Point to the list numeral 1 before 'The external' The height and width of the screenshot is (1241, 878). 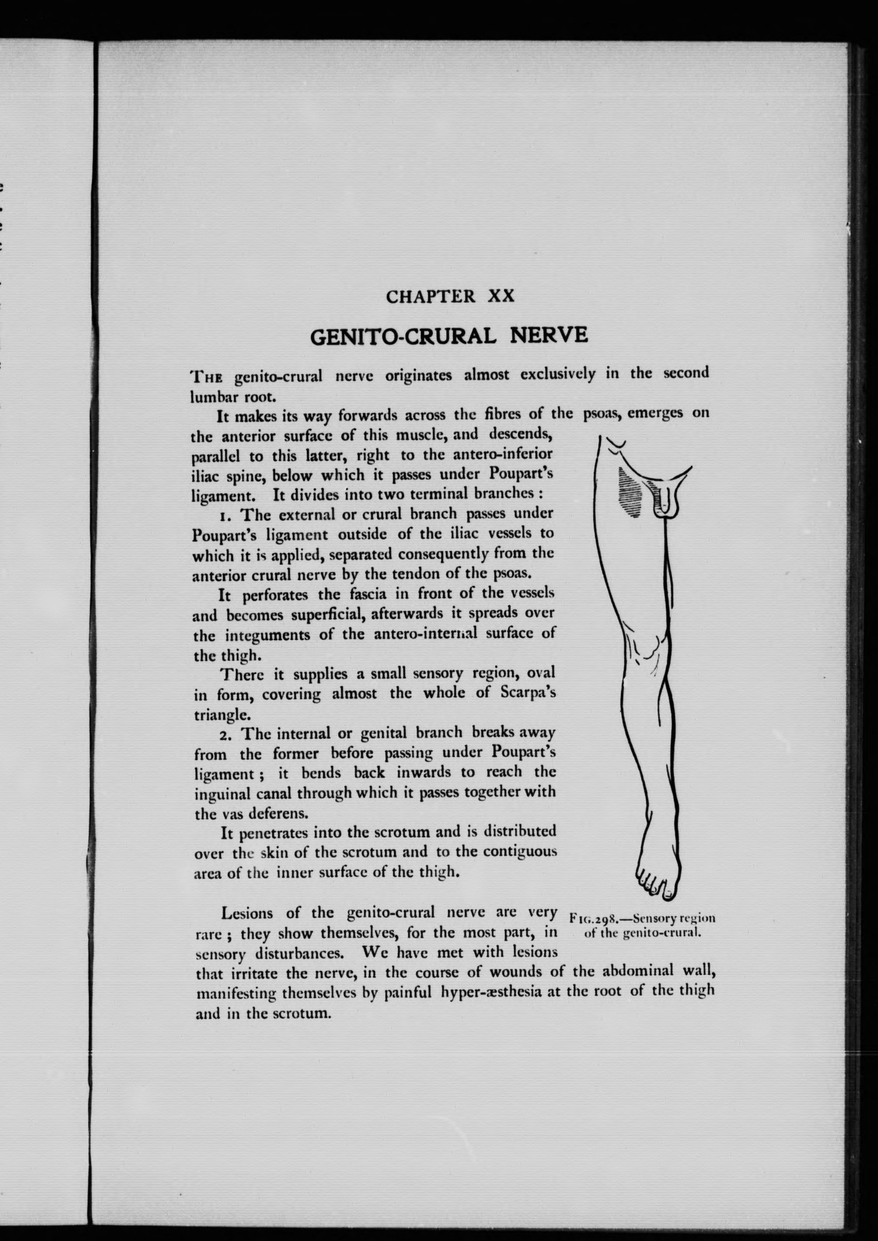click(223, 514)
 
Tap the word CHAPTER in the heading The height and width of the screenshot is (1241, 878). click(431, 297)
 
